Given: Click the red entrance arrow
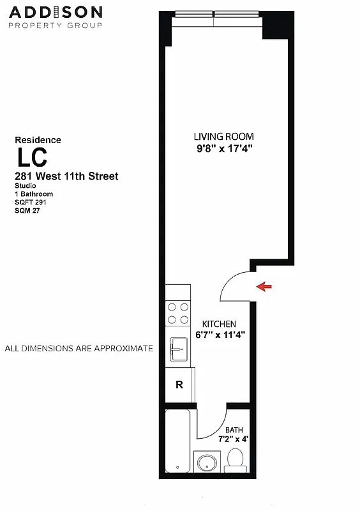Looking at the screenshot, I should coord(263,287).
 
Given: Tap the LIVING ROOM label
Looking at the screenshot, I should coord(224,137).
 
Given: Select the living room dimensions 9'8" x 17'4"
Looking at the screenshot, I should coord(224,148).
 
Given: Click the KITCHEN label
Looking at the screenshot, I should coord(219,324).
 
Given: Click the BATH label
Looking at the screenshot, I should coord(234,430).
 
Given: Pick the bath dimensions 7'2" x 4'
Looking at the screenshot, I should coord(234,439).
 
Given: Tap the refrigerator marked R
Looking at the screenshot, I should coord(179,385).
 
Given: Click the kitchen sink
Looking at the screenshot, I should coord(179,349).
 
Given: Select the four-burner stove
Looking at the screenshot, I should coord(178,313).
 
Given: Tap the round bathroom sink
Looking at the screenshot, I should coord(207,463).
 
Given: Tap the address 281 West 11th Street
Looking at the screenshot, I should coord(66,176).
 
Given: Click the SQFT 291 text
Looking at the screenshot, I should coord(31,202).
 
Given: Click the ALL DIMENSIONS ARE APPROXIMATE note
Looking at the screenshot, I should coord(79,349).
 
